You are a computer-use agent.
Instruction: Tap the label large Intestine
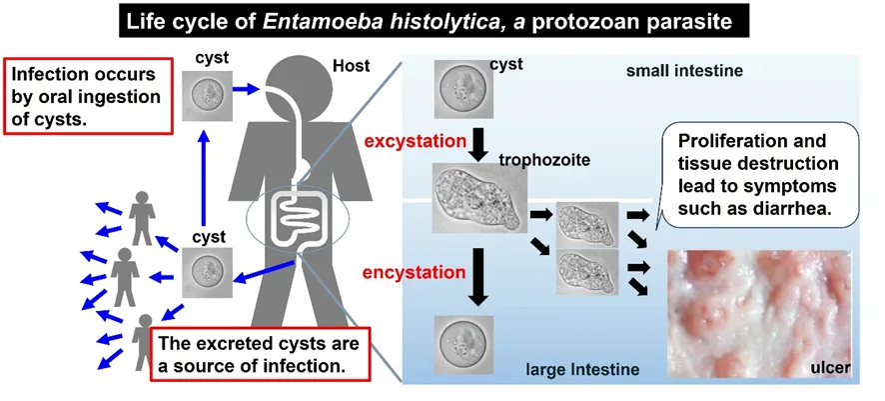tap(582, 371)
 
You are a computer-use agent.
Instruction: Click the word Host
tap(350, 68)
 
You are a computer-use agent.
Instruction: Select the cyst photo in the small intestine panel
tap(461, 89)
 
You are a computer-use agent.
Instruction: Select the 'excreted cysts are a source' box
tap(262, 353)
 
